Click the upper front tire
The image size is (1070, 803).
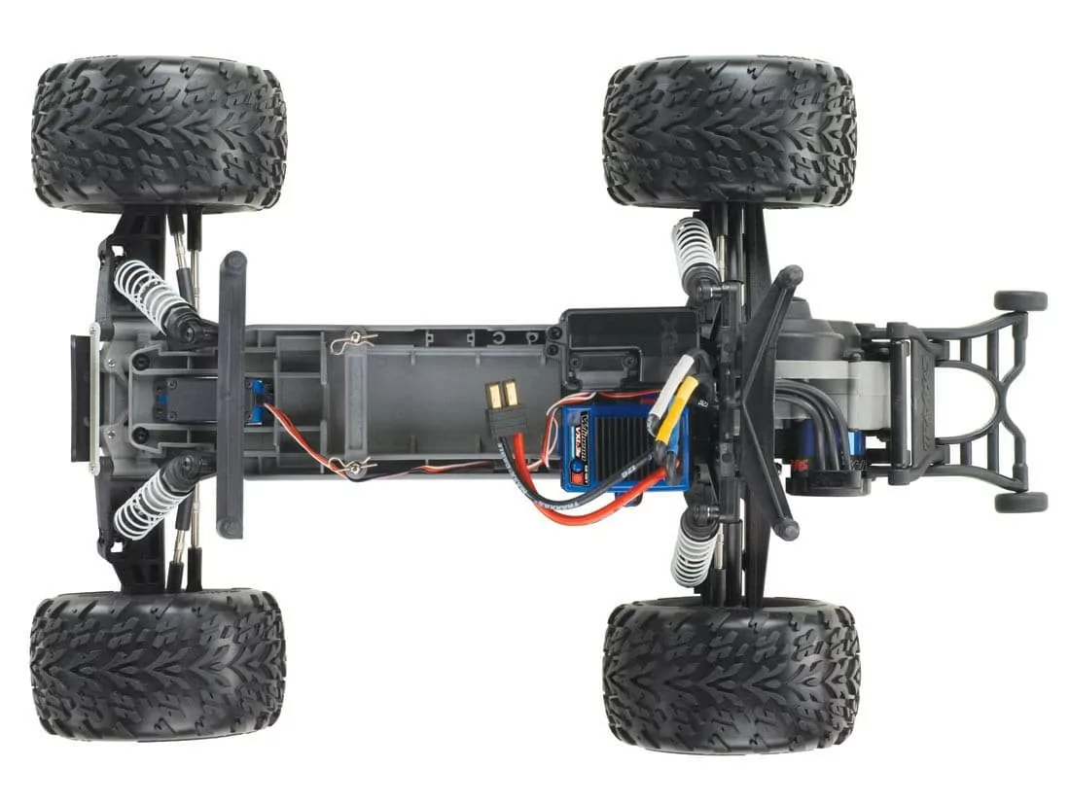159,134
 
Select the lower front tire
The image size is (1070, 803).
158,665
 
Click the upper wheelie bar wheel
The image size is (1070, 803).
1019,300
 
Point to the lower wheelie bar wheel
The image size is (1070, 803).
1019,502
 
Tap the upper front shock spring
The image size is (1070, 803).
152,295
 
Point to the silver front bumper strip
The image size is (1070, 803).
94,399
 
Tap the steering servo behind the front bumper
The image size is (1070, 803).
180,399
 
